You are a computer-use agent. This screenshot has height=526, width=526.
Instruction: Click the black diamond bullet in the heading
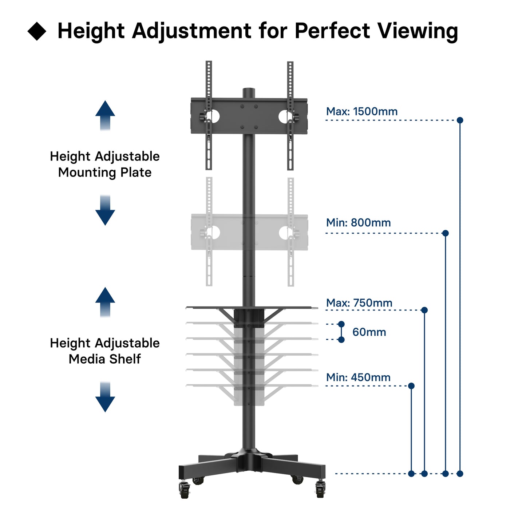[37, 31]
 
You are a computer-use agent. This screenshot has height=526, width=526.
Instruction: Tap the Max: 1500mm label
[361, 111]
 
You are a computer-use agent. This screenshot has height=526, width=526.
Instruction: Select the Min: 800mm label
[358, 222]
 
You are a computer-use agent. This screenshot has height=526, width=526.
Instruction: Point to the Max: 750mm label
[359, 303]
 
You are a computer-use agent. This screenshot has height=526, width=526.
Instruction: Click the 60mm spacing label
[369, 332]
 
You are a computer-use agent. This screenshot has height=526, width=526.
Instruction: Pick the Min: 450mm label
[358, 377]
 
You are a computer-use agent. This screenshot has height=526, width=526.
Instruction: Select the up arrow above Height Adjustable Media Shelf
[105, 302]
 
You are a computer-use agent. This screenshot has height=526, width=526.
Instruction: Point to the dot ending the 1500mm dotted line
[460, 120]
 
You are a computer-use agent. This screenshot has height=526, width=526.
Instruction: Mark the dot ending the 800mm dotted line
[445, 233]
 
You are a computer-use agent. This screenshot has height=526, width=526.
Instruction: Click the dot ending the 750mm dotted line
[424, 310]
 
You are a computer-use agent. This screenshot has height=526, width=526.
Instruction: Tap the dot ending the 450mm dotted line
[411, 386]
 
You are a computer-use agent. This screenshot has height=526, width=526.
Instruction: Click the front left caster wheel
[185, 490]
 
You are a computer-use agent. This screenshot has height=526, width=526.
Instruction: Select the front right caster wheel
[320, 489]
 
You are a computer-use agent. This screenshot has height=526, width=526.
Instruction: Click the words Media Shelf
[104, 359]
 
